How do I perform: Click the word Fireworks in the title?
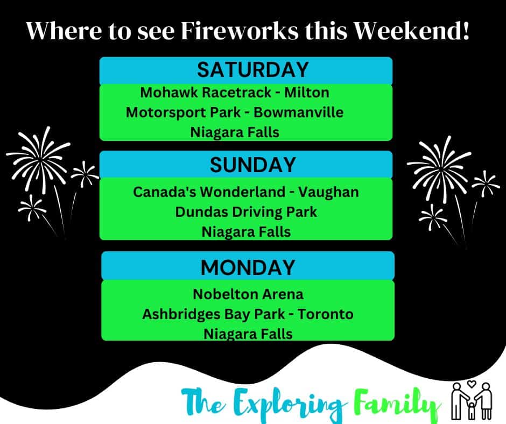(240, 31)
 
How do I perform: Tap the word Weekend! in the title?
(411, 31)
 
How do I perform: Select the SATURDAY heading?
(252, 70)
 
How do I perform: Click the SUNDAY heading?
(252, 165)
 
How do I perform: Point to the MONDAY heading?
(248, 267)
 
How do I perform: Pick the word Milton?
(307, 93)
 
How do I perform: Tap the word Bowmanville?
(299, 112)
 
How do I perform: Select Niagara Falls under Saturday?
(235, 132)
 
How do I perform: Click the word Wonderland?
(242, 192)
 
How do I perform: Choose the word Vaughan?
(328, 192)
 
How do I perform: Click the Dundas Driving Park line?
(246, 213)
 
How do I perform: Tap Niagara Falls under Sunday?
(246, 232)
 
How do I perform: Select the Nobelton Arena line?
(248, 294)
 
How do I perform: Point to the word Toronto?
(325, 314)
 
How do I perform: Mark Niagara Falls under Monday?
(248, 334)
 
